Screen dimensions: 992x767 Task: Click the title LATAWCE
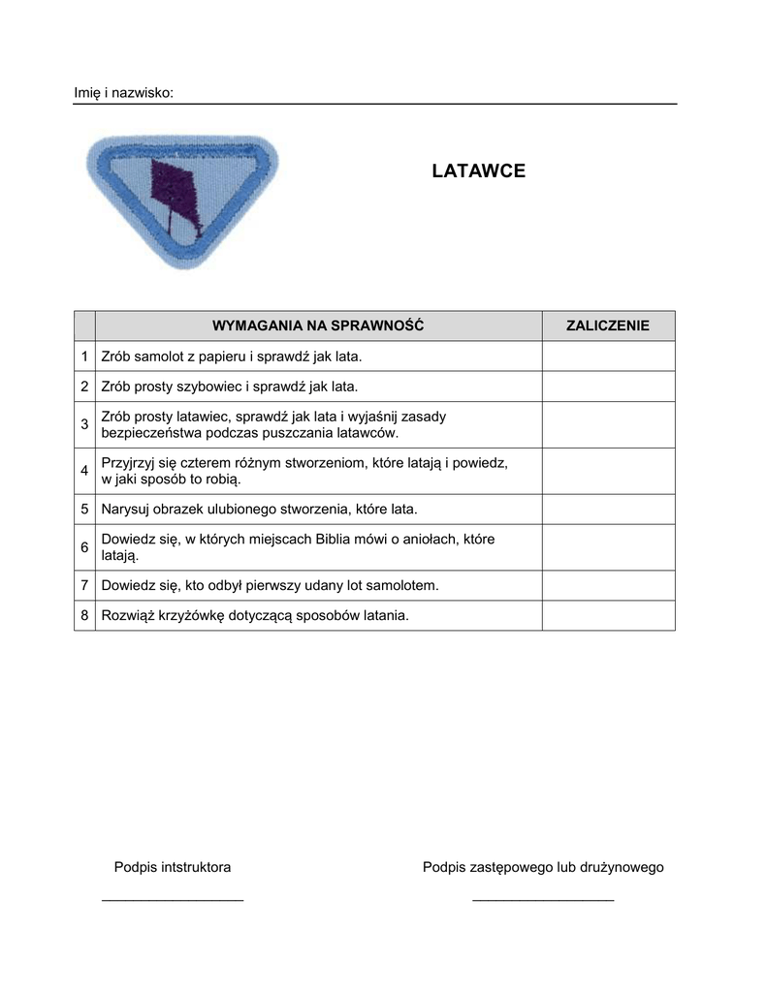(479, 171)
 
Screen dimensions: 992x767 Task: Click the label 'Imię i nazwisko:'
(124, 93)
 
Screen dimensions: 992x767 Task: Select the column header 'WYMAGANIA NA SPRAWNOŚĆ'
(318, 325)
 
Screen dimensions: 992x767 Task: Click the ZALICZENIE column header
(608, 325)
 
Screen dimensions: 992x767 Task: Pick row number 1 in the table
(84, 356)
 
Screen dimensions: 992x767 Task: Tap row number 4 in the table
(84, 471)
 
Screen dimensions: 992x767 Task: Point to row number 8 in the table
(84, 615)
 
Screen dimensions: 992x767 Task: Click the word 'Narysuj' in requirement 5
(126, 509)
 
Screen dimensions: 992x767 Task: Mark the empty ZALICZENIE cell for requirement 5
(608, 509)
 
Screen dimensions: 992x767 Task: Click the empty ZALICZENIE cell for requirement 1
(608, 356)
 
